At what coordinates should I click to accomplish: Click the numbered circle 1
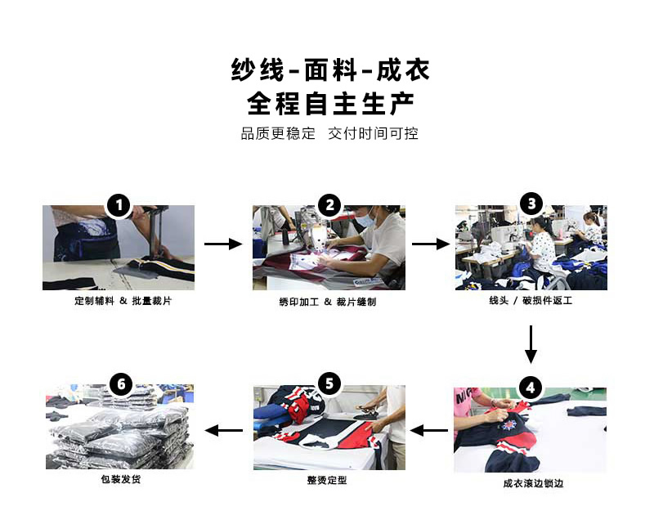click(x=119, y=205)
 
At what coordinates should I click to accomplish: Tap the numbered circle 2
click(x=330, y=205)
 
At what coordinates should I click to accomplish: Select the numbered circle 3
click(x=532, y=204)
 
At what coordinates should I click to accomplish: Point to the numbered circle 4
click(x=531, y=388)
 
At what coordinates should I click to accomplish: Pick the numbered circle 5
click(x=329, y=383)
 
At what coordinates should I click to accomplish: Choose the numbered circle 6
click(x=121, y=384)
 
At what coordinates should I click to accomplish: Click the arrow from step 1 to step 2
click(x=223, y=244)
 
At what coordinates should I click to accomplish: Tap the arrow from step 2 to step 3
click(x=431, y=244)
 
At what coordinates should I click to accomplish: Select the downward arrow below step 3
click(x=531, y=344)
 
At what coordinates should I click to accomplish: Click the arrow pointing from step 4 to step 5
click(x=429, y=431)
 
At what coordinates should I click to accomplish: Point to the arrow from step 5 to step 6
click(x=224, y=431)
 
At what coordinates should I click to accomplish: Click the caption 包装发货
click(x=120, y=479)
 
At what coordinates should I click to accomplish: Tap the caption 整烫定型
click(x=327, y=480)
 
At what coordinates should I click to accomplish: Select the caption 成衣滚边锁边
click(x=533, y=483)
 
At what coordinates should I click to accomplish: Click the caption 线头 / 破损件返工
click(x=531, y=300)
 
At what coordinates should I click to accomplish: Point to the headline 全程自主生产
click(x=330, y=104)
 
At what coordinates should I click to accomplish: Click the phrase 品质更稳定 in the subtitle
click(x=278, y=133)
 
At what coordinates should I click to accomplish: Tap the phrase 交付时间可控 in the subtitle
click(x=373, y=133)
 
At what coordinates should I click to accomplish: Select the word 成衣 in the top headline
click(x=403, y=69)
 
